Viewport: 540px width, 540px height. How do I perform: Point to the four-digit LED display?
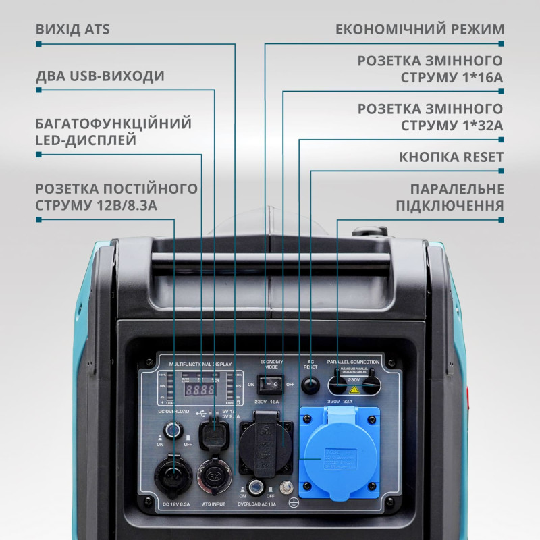pyautogui.click(x=200, y=389)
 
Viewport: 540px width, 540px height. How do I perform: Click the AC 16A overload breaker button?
pyautogui.click(x=256, y=487)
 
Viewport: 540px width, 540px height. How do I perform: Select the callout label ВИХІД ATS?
pyautogui.click(x=72, y=30)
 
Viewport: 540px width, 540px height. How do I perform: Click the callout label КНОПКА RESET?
pyautogui.click(x=452, y=157)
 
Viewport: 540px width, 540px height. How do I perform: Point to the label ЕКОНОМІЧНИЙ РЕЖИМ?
pyautogui.click(x=420, y=30)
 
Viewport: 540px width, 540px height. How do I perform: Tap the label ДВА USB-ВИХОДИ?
pyautogui.click(x=100, y=76)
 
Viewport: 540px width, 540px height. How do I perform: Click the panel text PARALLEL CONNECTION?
pyautogui.click(x=353, y=362)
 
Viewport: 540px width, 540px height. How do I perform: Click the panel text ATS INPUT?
pyautogui.click(x=213, y=504)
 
